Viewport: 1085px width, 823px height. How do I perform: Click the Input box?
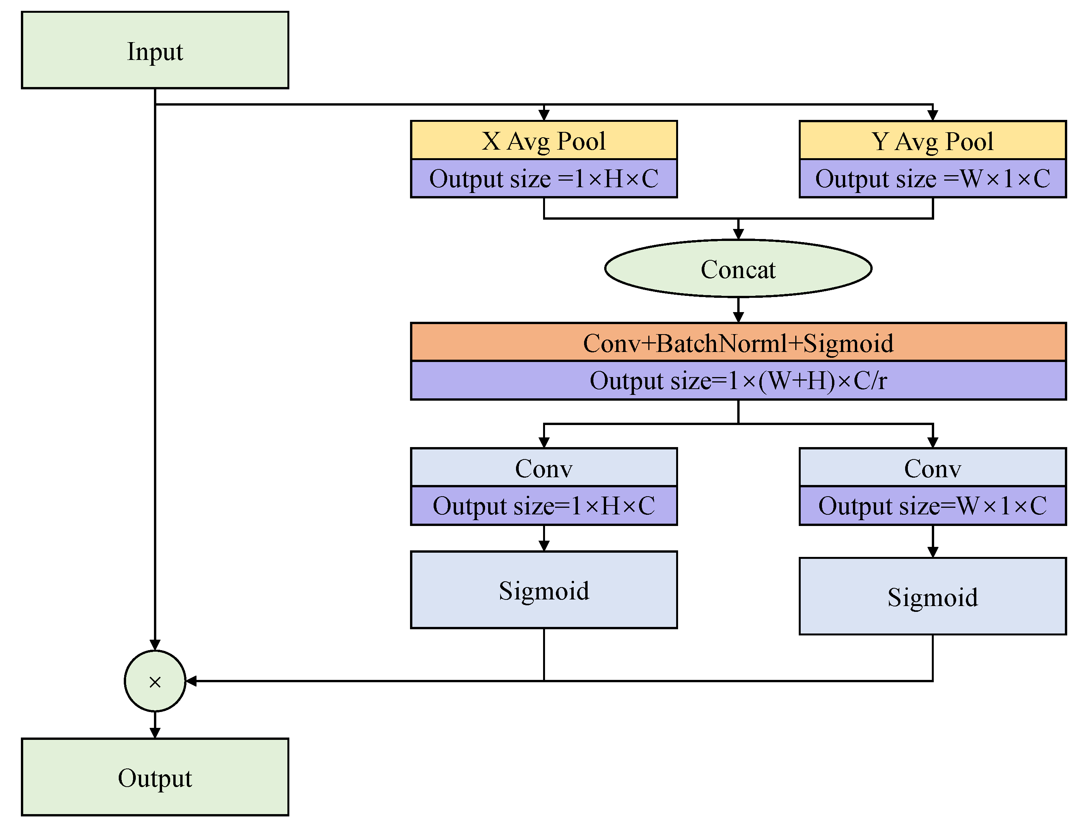tap(155, 50)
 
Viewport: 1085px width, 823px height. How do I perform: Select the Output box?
tap(155, 777)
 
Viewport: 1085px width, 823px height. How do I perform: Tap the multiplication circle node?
tap(155, 681)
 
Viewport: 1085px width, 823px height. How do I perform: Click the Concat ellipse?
tap(738, 269)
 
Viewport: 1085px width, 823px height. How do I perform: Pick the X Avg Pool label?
tap(543, 141)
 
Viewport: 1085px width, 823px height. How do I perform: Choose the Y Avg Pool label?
tap(933, 141)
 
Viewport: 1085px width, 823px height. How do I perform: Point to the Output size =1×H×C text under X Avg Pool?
tap(543, 179)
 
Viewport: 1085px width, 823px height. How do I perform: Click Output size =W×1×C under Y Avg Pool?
tap(933, 179)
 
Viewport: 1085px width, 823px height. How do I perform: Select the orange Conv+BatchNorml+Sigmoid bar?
tap(738, 342)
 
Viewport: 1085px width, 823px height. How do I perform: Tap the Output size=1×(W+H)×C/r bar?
tap(738, 381)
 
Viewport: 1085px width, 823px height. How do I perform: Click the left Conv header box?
tap(543, 468)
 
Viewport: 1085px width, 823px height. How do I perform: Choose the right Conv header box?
tap(933, 468)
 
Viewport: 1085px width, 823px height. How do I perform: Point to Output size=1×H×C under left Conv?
tap(543, 505)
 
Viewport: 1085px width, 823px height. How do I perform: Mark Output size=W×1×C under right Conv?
tap(933, 505)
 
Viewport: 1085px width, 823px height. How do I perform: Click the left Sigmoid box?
tap(543, 590)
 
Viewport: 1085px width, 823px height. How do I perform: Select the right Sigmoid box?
tap(933, 596)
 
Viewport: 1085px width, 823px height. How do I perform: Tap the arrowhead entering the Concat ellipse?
tap(738, 234)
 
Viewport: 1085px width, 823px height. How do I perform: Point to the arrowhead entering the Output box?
tap(155, 733)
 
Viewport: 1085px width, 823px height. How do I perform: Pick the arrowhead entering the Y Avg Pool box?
tap(933, 115)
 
